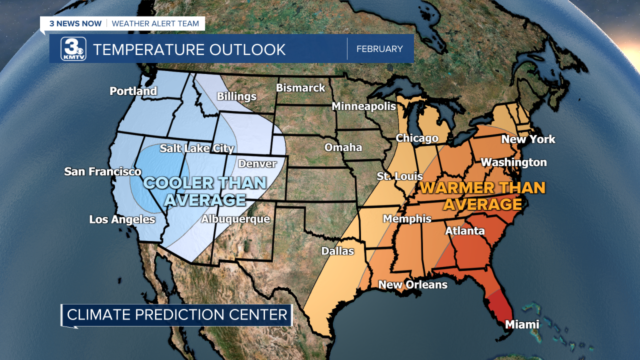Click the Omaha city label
[343, 147]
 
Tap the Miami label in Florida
[522, 324]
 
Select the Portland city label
[133, 91]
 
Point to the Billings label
[236, 96]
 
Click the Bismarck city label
[300, 88]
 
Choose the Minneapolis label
[363, 106]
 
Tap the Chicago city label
[417, 138]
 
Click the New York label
[528, 139]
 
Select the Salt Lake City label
[196, 148]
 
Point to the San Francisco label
[102, 171]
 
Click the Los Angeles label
[122, 219]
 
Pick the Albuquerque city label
[235, 219]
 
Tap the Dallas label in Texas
[337, 251]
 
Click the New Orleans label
[412, 284]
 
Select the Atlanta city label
[464, 230]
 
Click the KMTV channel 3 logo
[73, 49]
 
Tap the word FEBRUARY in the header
[379, 49]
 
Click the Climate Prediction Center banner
[177, 315]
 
